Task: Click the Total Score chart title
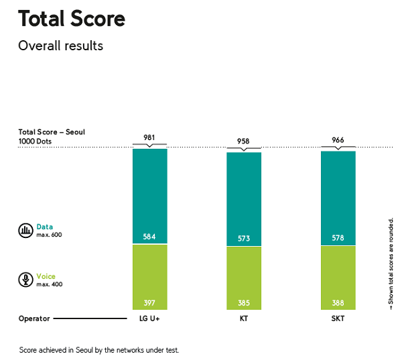click(72, 19)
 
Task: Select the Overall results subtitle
click(60, 46)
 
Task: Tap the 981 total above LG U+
click(149, 138)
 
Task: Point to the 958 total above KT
click(244, 142)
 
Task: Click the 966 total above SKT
click(338, 141)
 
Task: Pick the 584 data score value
click(149, 237)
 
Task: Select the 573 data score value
click(244, 239)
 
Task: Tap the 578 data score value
click(338, 238)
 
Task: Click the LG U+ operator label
click(149, 318)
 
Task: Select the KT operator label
click(244, 318)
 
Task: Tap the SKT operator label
click(338, 318)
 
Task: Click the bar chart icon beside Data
click(25, 230)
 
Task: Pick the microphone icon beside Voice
click(25, 280)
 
